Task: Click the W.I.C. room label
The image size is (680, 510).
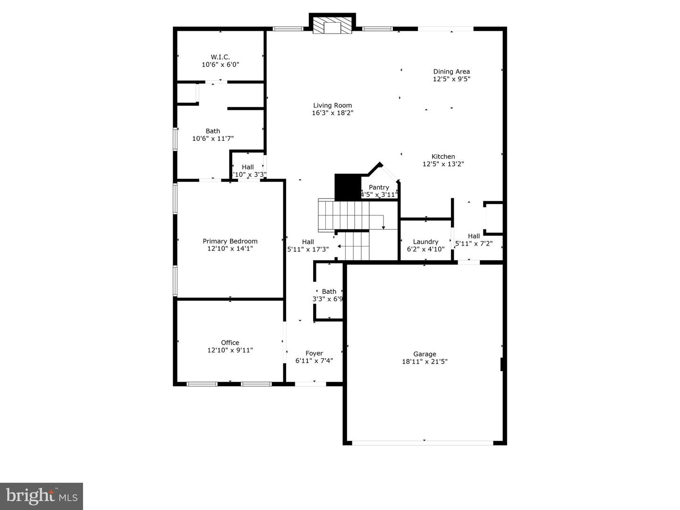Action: pos(221,57)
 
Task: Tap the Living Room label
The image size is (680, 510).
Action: pos(332,106)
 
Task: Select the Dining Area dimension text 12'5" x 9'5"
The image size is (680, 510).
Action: pos(451,79)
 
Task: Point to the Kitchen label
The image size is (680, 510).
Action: pos(443,157)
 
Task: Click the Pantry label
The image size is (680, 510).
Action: pos(379,187)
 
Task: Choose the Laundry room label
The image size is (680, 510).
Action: pos(425,242)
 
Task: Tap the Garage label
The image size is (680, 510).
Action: pos(425,354)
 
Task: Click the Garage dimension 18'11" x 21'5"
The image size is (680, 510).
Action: pos(425,362)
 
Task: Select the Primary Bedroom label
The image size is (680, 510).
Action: pos(230,241)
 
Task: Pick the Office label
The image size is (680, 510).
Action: pos(230,343)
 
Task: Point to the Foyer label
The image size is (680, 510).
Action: pos(314,353)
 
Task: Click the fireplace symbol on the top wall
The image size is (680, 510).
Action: pos(332,26)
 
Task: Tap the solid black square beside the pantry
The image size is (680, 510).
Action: pos(348,187)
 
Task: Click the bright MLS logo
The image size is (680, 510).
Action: pos(42,496)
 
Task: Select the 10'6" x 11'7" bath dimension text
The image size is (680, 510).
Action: pos(213,139)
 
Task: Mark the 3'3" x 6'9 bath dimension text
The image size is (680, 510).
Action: pos(328,299)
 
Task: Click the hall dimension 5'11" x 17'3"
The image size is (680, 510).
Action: pos(308,249)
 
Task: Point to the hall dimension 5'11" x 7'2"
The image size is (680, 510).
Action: pos(474,244)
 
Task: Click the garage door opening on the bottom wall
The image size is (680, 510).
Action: pos(423,442)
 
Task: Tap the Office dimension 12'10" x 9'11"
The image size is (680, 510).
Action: pos(230,350)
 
